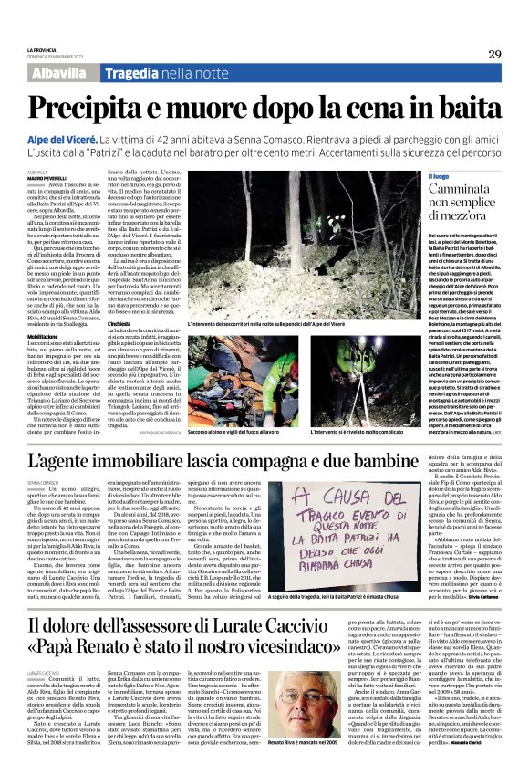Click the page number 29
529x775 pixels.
[493, 55]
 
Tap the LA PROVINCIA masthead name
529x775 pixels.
[44, 50]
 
